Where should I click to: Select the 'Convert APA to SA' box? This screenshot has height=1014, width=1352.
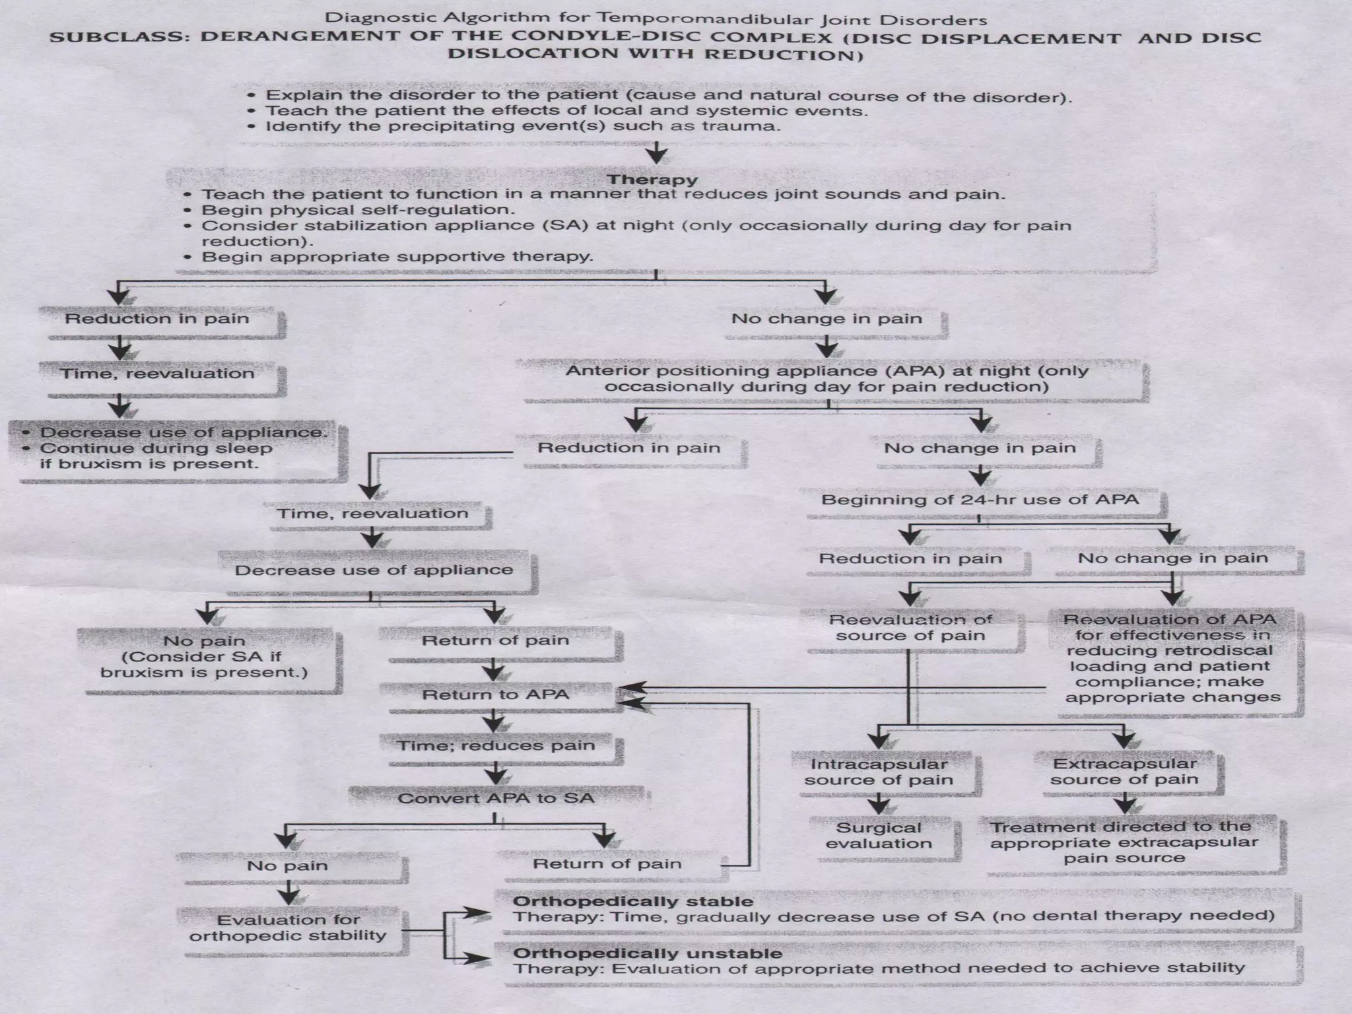coord(496,798)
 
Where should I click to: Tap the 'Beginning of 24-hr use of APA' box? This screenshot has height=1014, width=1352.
coord(980,499)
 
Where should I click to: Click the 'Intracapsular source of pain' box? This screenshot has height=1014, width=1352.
coord(879,772)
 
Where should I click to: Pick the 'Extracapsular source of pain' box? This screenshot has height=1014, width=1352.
coord(1124,772)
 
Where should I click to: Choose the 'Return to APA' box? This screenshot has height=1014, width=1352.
coord(495,694)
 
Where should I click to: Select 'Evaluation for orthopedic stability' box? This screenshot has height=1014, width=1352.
coord(288,928)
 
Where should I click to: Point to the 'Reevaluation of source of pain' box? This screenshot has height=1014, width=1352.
coord(910,627)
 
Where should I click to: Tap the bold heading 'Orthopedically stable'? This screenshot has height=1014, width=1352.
coord(632,901)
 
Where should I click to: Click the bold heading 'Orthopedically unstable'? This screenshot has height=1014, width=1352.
coord(647,953)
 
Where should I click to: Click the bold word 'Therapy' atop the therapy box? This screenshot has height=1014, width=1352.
coord(652,180)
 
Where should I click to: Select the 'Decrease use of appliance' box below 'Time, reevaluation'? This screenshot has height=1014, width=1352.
coord(374,570)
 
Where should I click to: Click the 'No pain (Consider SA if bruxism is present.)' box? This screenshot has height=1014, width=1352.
coord(204,656)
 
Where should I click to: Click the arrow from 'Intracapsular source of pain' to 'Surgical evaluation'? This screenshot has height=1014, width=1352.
coord(879,804)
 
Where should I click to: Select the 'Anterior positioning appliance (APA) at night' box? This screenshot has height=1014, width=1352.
coord(827,378)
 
